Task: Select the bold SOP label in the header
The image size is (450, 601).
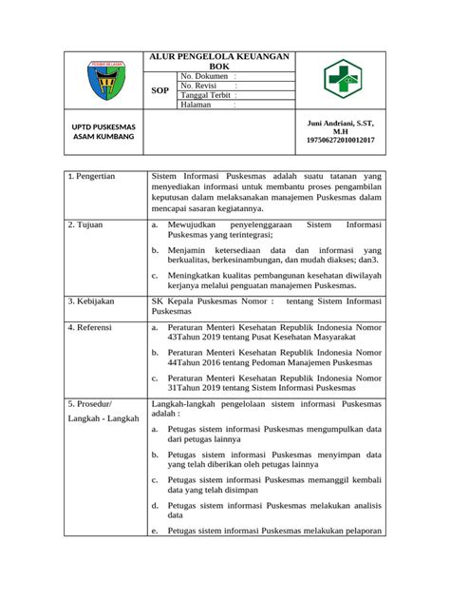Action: tap(160, 91)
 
